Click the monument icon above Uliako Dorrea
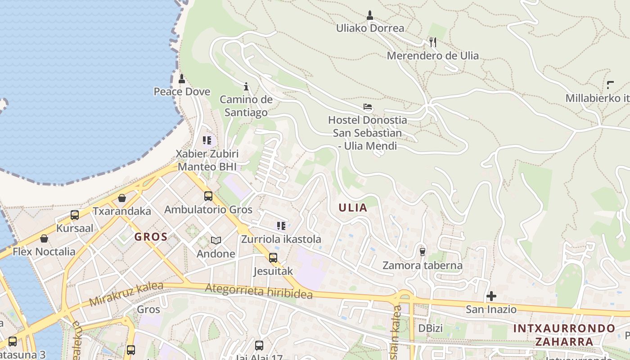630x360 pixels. point(370,15)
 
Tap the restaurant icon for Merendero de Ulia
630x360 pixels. point(432,42)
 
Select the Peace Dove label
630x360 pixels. point(182,92)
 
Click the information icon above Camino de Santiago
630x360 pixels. point(246,86)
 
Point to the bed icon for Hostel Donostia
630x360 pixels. point(368,107)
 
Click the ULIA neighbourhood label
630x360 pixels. point(353,208)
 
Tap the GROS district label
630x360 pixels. point(151,237)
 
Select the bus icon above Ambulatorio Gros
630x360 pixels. point(208,196)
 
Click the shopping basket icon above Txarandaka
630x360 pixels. point(122,198)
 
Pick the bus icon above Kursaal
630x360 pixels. point(75,215)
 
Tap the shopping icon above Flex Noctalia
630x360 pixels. point(44,238)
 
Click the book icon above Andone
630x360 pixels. point(216,241)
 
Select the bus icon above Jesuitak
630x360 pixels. point(273,258)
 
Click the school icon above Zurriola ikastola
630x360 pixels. point(281,226)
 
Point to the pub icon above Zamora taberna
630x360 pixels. point(422,252)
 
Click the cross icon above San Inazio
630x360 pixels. point(491,296)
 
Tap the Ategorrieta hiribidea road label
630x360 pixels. point(259,292)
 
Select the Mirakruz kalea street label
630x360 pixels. point(126,295)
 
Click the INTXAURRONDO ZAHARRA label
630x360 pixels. point(564,335)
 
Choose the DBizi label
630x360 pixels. point(431,328)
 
